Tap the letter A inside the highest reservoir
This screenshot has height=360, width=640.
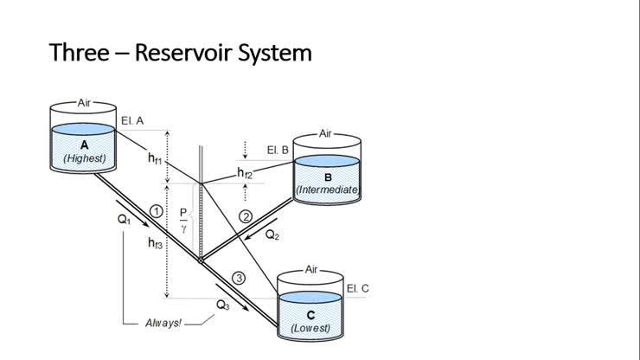[x=85, y=145]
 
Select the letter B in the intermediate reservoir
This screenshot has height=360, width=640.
[x=328, y=176]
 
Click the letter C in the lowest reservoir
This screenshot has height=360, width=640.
[x=310, y=315]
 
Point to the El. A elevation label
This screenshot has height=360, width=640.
[x=132, y=120]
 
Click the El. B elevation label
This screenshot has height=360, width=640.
[x=278, y=150]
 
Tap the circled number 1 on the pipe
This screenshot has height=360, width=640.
[x=156, y=210]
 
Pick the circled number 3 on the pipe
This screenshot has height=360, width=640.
[x=240, y=278]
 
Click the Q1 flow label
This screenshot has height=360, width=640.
[x=125, y=220]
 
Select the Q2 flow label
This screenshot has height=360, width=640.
[x=272, y=234]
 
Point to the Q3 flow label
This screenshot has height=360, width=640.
[x=223, y=305]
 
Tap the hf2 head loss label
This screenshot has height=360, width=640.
[x=245, y=173]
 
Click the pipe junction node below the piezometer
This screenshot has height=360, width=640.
[x=200, y=258]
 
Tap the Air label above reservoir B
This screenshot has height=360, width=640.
[x=326, y=133]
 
